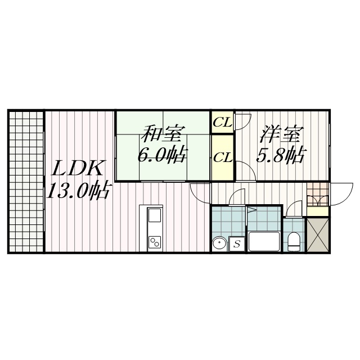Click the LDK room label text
point(77,169)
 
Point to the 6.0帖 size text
point(161,155)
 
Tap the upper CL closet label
point(223,123)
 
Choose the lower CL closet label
point(223,158)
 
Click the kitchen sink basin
point(155,215)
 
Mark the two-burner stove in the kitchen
point(155,242)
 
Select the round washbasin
point(219,244)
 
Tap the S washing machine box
point(237,244)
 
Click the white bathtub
point(264,241)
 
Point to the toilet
point(294,241)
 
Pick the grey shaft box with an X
point(318,235)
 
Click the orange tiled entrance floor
point(317,194)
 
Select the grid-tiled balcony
point(26,181)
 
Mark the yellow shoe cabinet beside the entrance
point(317,211)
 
